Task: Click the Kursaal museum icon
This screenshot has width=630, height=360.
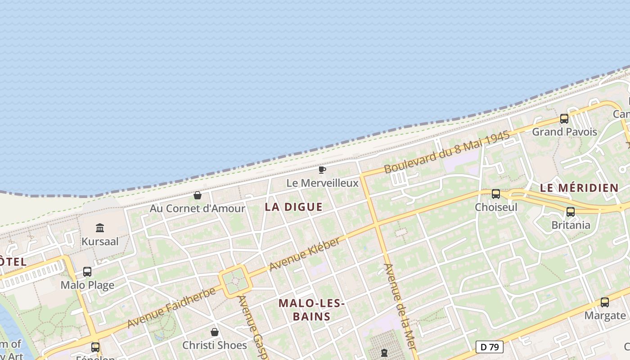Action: (100, 228)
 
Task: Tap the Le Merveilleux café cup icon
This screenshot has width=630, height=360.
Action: (322, 170)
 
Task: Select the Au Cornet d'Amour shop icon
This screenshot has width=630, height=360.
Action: (197, 195)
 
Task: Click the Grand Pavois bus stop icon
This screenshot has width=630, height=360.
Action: (564, 119)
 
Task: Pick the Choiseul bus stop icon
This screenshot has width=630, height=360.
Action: (496, 194)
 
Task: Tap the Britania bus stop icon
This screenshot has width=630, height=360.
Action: (571, 211)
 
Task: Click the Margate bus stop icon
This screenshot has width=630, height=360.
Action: (605, 302)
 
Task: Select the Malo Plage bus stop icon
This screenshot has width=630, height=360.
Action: (87, 272)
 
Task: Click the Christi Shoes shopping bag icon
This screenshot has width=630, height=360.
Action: (215, 332)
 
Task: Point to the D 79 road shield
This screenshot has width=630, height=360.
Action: (490, 347)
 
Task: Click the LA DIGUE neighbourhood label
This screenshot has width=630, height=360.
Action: (293, 207)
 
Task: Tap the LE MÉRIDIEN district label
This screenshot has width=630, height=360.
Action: (579, 188)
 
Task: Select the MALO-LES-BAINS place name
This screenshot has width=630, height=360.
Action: (311, 310)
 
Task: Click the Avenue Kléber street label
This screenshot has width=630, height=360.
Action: (305, 255)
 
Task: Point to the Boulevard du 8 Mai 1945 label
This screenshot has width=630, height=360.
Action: (446, 152)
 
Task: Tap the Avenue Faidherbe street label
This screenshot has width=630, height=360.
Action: (171, 308)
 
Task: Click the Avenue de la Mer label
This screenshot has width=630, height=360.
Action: (400, 310)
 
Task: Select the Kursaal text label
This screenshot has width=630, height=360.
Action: (100, 242)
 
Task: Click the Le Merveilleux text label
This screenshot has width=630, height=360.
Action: (322, 183)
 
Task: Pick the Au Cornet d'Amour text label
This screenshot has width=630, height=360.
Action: (197, 209)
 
